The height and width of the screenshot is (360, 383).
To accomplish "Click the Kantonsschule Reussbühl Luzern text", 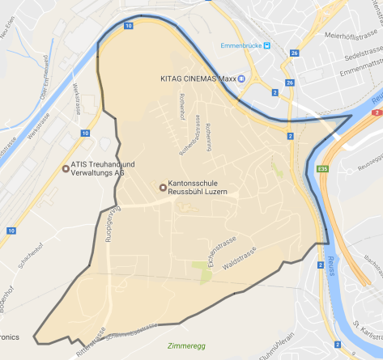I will tap(198, 188).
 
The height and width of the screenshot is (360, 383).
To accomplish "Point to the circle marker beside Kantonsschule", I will tap(163, 188).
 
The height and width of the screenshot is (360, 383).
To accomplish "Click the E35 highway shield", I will tap(324, 169).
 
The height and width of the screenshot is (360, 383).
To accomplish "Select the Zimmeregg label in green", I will tap(187, 345).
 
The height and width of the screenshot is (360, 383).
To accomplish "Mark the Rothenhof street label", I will tap(181, 106).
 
